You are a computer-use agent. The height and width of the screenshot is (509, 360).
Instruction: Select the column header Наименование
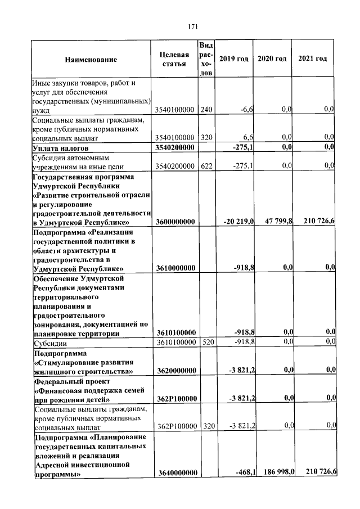click(91, 60)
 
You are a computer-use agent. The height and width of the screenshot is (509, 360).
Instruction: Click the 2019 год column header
click(233, 59)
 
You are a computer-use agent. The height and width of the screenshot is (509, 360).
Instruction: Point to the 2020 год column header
click(272, 59)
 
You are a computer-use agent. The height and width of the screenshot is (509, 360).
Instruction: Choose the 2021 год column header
click(313, 59)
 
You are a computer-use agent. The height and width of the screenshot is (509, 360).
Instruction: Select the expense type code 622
click(206, 165)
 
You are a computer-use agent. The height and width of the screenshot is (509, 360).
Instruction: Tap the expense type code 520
click(206, 341)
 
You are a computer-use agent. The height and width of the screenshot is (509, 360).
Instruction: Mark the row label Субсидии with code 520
click(51, 341)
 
